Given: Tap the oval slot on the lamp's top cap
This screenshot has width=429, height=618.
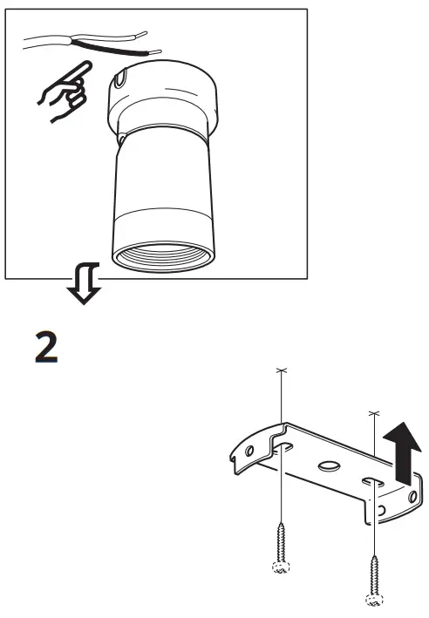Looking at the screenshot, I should (120, 82).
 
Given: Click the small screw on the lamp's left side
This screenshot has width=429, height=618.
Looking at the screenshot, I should (121, 140).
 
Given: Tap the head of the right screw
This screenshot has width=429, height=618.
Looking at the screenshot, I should (373, 600).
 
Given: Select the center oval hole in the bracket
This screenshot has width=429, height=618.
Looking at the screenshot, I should (330, 466).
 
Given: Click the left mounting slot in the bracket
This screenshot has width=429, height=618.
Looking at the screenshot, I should (284, 449).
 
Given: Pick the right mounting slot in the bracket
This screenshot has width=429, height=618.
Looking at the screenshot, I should (371, 482).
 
